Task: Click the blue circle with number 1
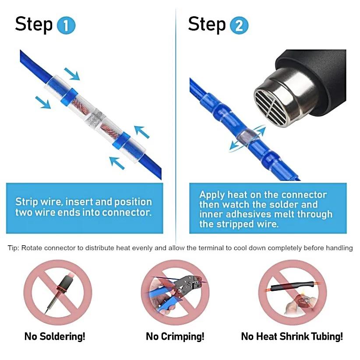(66, 25)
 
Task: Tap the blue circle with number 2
(239, 25)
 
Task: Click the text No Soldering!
(55, 336)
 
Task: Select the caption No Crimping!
(175, 336)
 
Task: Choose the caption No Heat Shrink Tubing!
(292, 336)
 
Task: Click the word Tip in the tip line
(13, 248)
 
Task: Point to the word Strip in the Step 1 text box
(27, 202)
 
